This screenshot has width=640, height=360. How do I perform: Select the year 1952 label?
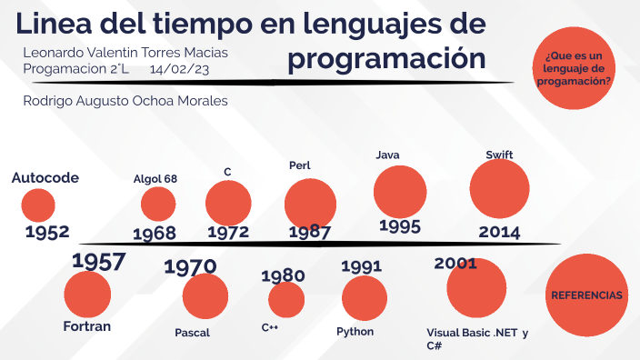click(x=47, y=233)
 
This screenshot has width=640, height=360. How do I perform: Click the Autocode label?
click(x=45, y=177)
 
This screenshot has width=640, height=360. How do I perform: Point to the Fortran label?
click(x=87, y=326)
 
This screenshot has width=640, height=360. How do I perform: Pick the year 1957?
click(x=98, y=262)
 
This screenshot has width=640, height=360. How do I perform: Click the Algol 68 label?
click(x=155, y=178)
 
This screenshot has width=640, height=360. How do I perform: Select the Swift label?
click(x=499, y=155)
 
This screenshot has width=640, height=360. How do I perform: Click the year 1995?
click(x=399, y=225)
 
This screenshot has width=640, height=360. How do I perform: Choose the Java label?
click(x=388, y=155)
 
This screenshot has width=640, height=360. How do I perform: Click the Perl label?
click(x=300, y=165)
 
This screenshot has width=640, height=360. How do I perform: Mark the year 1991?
click(x=361, y=266)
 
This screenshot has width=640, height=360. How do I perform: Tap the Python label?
click(x=355, y=332)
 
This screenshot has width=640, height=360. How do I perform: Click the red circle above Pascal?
click(x=205, y=297)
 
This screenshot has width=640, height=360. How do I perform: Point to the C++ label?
click(x=270, y=327)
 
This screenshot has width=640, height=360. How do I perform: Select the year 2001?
click(x=455, y=264)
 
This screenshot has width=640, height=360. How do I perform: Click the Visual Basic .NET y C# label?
click(x=476, y=339)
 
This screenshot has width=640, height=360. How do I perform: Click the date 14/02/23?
click(x=180, y=68)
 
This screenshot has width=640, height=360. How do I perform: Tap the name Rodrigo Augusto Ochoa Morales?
click(x=125, y=101)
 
